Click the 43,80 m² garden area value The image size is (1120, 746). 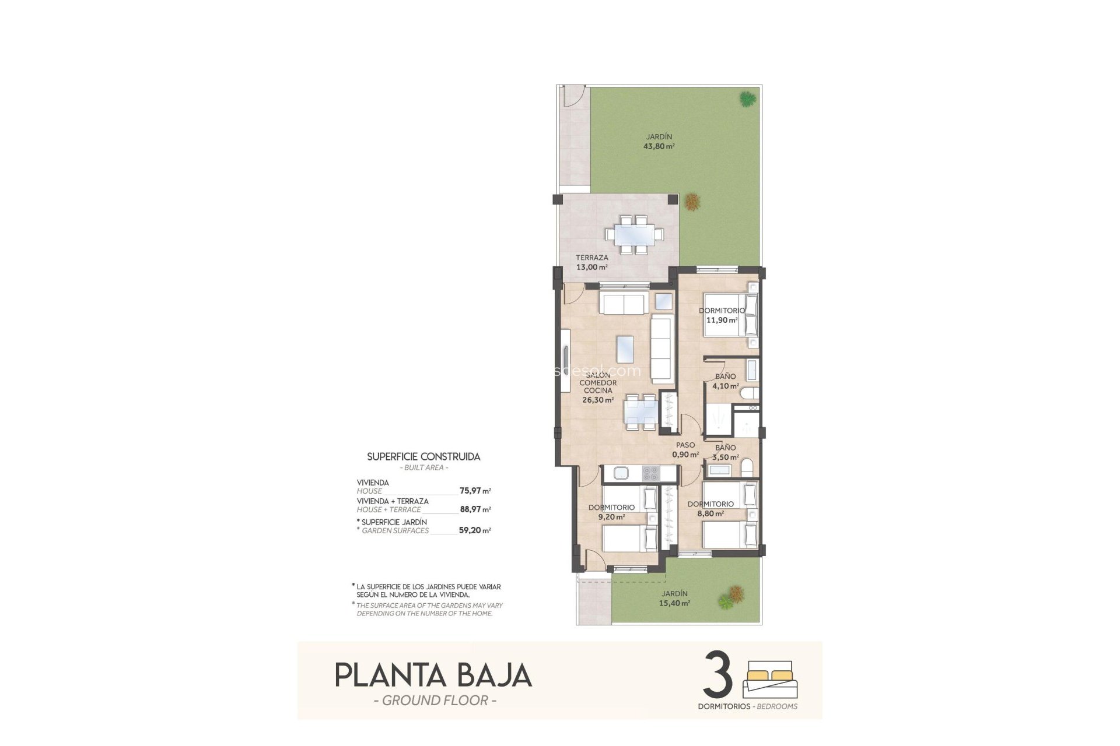[x=659, y=147]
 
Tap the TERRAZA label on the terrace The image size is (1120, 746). [x=591, y=258]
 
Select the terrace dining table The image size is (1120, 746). [x=634, y=235]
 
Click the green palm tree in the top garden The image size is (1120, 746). [x=745, y=99]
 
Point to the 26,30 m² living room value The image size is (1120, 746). [x=598, y=400]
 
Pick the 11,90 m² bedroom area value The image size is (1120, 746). [x=722, y=320]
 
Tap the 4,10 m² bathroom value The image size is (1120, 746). [x=726, y=386]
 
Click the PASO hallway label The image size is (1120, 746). [x=685, y=445]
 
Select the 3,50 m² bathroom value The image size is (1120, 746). [x=726, y=457]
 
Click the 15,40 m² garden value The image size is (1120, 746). [x=675, y=604]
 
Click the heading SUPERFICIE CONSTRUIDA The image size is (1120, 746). [x=423, y=457]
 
